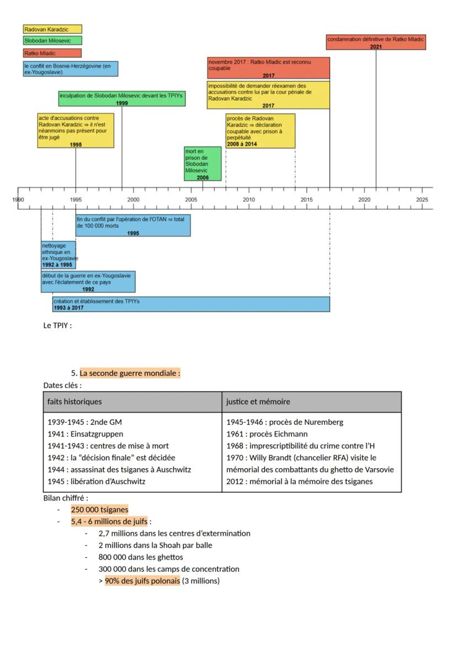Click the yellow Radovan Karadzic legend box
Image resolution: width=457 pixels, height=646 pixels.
pos(52,29)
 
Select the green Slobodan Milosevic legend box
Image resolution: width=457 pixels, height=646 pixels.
pos(52,40)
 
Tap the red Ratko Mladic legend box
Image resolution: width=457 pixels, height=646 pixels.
pos(52,53)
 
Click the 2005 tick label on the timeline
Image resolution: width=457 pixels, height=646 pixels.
pos(191,199)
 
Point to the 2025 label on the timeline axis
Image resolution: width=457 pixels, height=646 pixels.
pos(422,199)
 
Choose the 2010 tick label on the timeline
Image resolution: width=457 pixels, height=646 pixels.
pos(249,199)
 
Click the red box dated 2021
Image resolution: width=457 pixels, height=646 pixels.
pos(376,43)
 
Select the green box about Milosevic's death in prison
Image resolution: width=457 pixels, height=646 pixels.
pos(203,164)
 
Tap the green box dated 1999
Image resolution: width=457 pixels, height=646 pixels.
pos(121,98)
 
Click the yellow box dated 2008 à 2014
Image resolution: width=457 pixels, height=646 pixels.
pos(260,131)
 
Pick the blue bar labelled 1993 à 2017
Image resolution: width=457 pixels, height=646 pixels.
pos(191,304)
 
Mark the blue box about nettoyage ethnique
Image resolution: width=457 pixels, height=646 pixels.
pos(59,255)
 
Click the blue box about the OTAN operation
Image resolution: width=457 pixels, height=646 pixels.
pos(133,225)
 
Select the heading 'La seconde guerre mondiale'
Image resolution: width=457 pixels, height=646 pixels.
pos(130,374)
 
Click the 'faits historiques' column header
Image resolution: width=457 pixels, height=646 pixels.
pos(75,402)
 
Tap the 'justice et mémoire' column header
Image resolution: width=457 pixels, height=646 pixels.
pos(258,402)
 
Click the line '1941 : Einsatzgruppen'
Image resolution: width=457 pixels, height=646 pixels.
pos(86,434)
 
